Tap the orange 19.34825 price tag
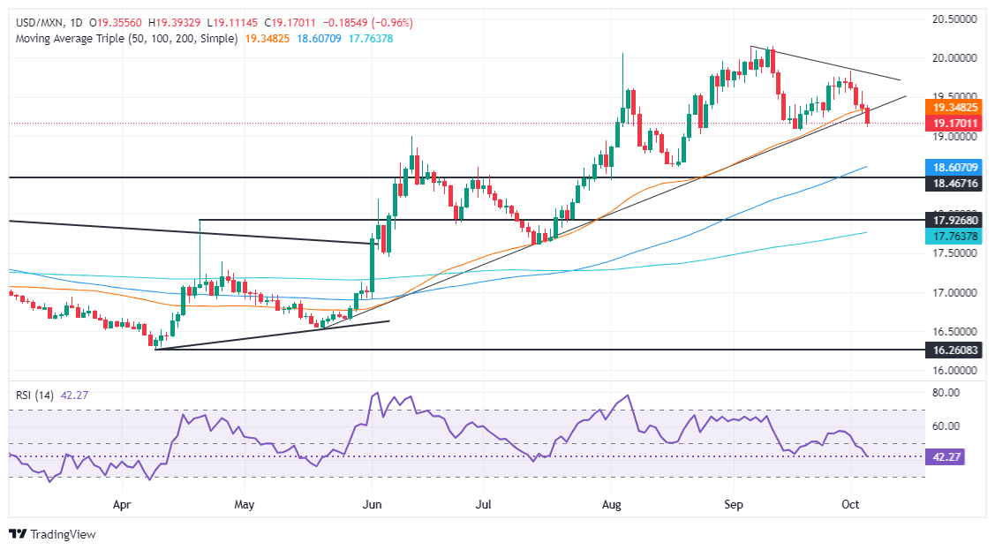point(959,106)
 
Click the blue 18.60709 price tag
point(959,166)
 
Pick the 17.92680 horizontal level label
point(959,220)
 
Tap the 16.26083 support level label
point(959,350)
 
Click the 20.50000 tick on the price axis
point(959,18)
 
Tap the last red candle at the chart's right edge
point(869,116)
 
